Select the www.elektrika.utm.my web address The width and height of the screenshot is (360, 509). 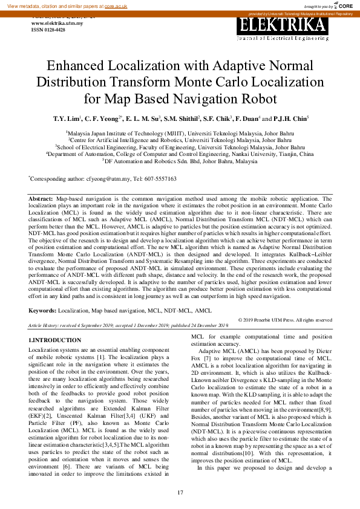pos(56,23)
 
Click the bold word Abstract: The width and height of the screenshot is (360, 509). pos(41,198)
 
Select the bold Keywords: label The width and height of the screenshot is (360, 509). pos(43,310)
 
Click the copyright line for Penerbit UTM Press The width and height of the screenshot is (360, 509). pos(285,320)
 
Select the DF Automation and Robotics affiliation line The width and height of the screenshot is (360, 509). pos(180,162)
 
